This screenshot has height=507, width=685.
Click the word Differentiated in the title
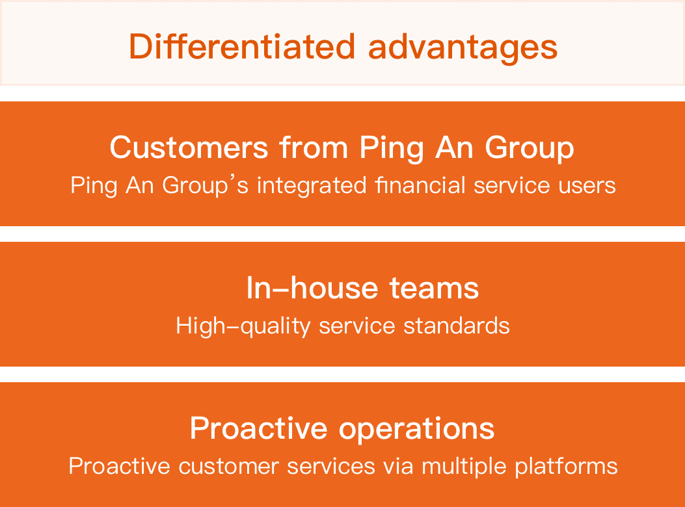241,46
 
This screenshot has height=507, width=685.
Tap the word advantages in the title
463,48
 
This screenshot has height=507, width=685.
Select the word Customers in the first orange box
189,147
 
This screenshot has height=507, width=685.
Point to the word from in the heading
314,147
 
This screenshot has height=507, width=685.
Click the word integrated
312,185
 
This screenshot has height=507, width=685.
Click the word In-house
312,288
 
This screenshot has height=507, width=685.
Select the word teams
434,289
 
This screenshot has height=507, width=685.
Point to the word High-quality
243,326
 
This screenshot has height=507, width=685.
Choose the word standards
456,326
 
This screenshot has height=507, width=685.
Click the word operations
416,429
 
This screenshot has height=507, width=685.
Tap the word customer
228,467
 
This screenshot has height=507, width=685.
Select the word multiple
464,467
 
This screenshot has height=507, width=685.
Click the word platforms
566,467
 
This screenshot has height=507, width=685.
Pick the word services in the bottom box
330,467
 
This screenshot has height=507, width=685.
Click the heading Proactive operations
342,428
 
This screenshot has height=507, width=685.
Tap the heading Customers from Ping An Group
342,148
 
